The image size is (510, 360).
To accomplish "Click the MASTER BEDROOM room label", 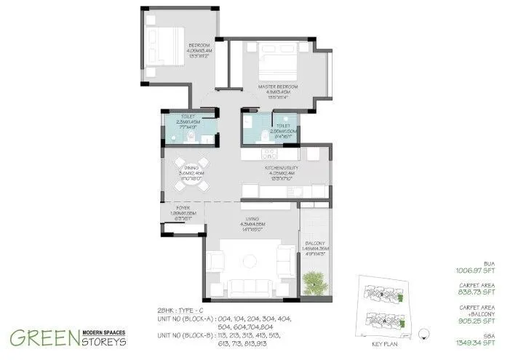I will (x=274, y=86).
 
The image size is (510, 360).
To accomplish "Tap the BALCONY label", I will (x=315, y=243).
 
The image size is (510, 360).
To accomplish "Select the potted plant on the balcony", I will (x=314, y=279).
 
